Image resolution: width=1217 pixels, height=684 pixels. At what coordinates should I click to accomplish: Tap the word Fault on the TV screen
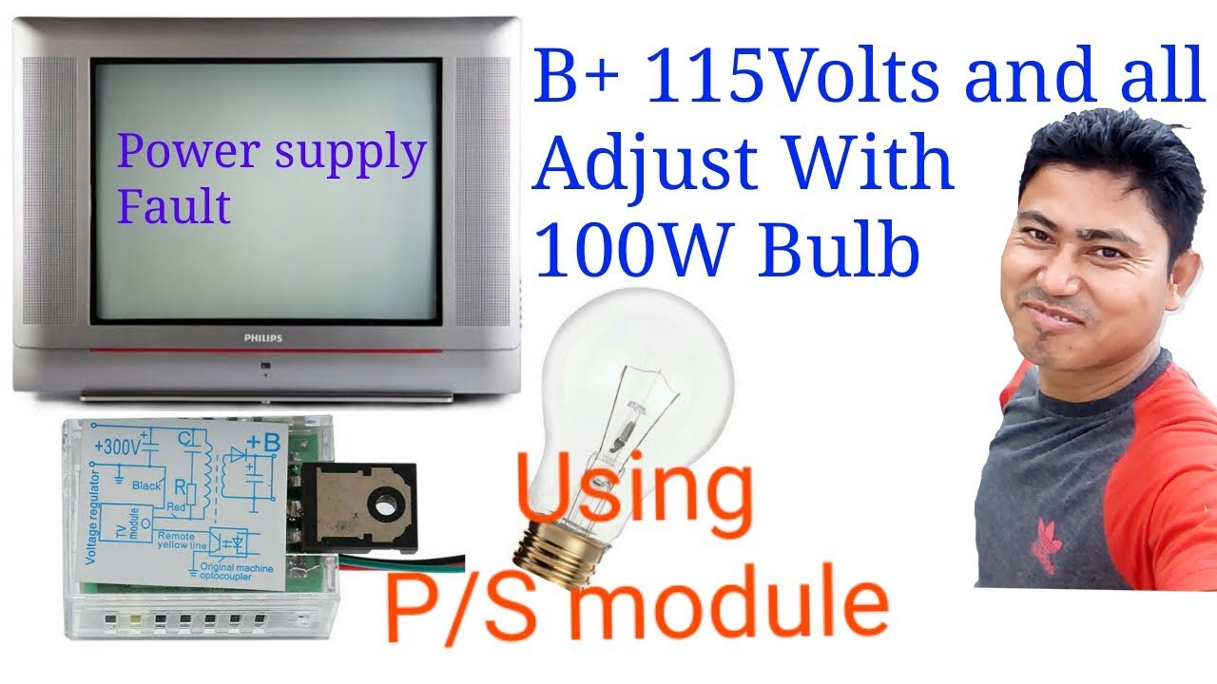coord(174,205)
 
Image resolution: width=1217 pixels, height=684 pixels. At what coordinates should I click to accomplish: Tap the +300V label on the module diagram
coord(120,446)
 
